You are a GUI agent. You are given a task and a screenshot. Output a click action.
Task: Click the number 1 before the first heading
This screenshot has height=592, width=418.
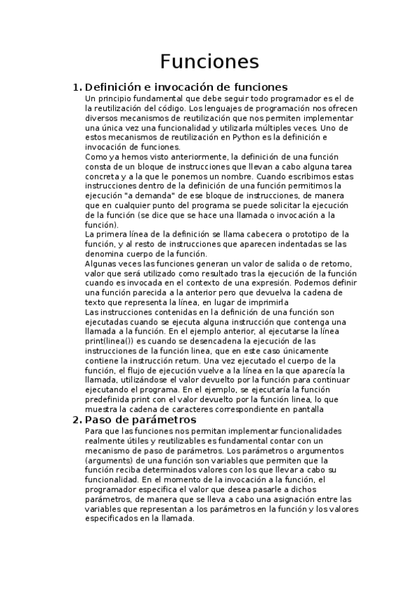click(x=76, y=87)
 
